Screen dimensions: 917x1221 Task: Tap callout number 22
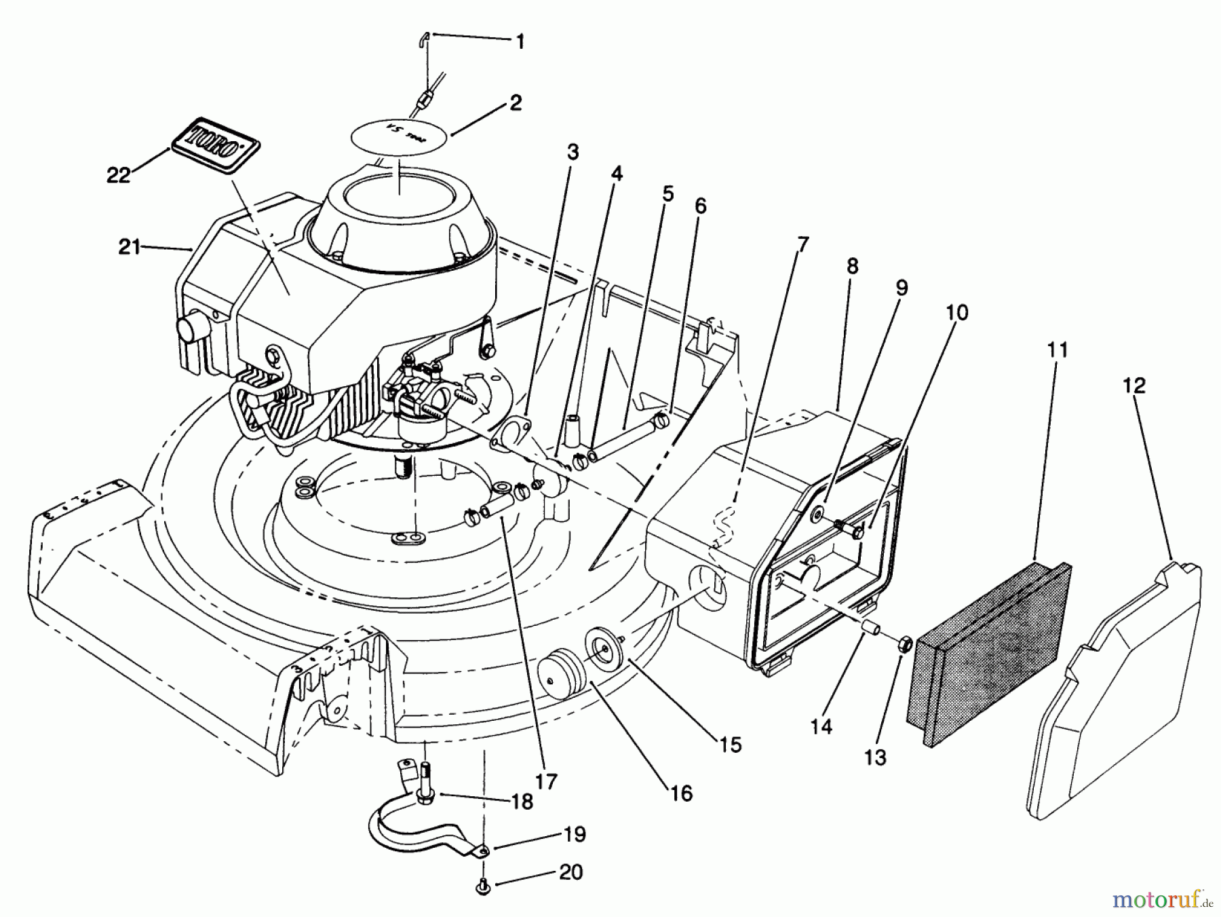click(118, 174)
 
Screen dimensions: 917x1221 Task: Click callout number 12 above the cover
click(1133, 386)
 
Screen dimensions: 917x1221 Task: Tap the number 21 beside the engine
click(128, 247)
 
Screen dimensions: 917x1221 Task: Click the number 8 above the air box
click(852, 266)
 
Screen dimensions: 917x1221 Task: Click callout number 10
click(957, 313)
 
